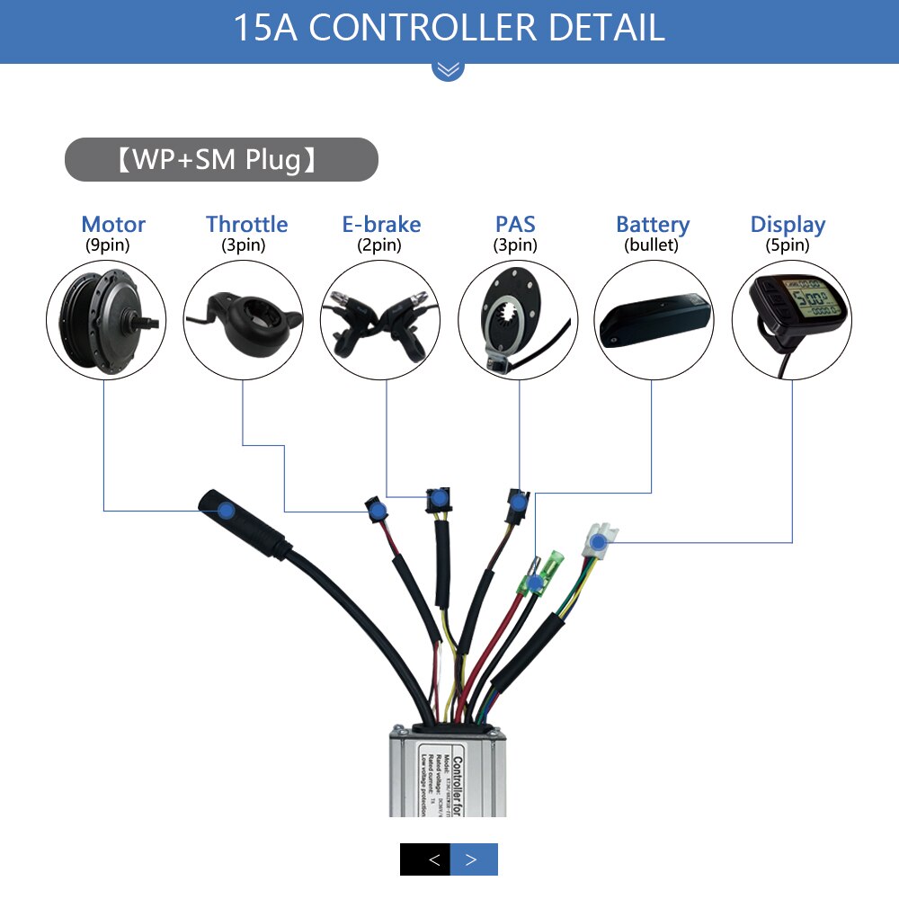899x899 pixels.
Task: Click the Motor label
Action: [113, 224]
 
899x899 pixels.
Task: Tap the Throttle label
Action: [246, 224]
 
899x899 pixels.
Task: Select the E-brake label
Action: [381, 224]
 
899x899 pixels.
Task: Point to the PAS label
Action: [515, 224]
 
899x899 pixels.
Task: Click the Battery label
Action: [653, 225]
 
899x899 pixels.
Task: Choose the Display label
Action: [788, 224]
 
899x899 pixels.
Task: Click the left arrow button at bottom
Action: [425, 859]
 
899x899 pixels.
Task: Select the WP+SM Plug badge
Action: [221, 160]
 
